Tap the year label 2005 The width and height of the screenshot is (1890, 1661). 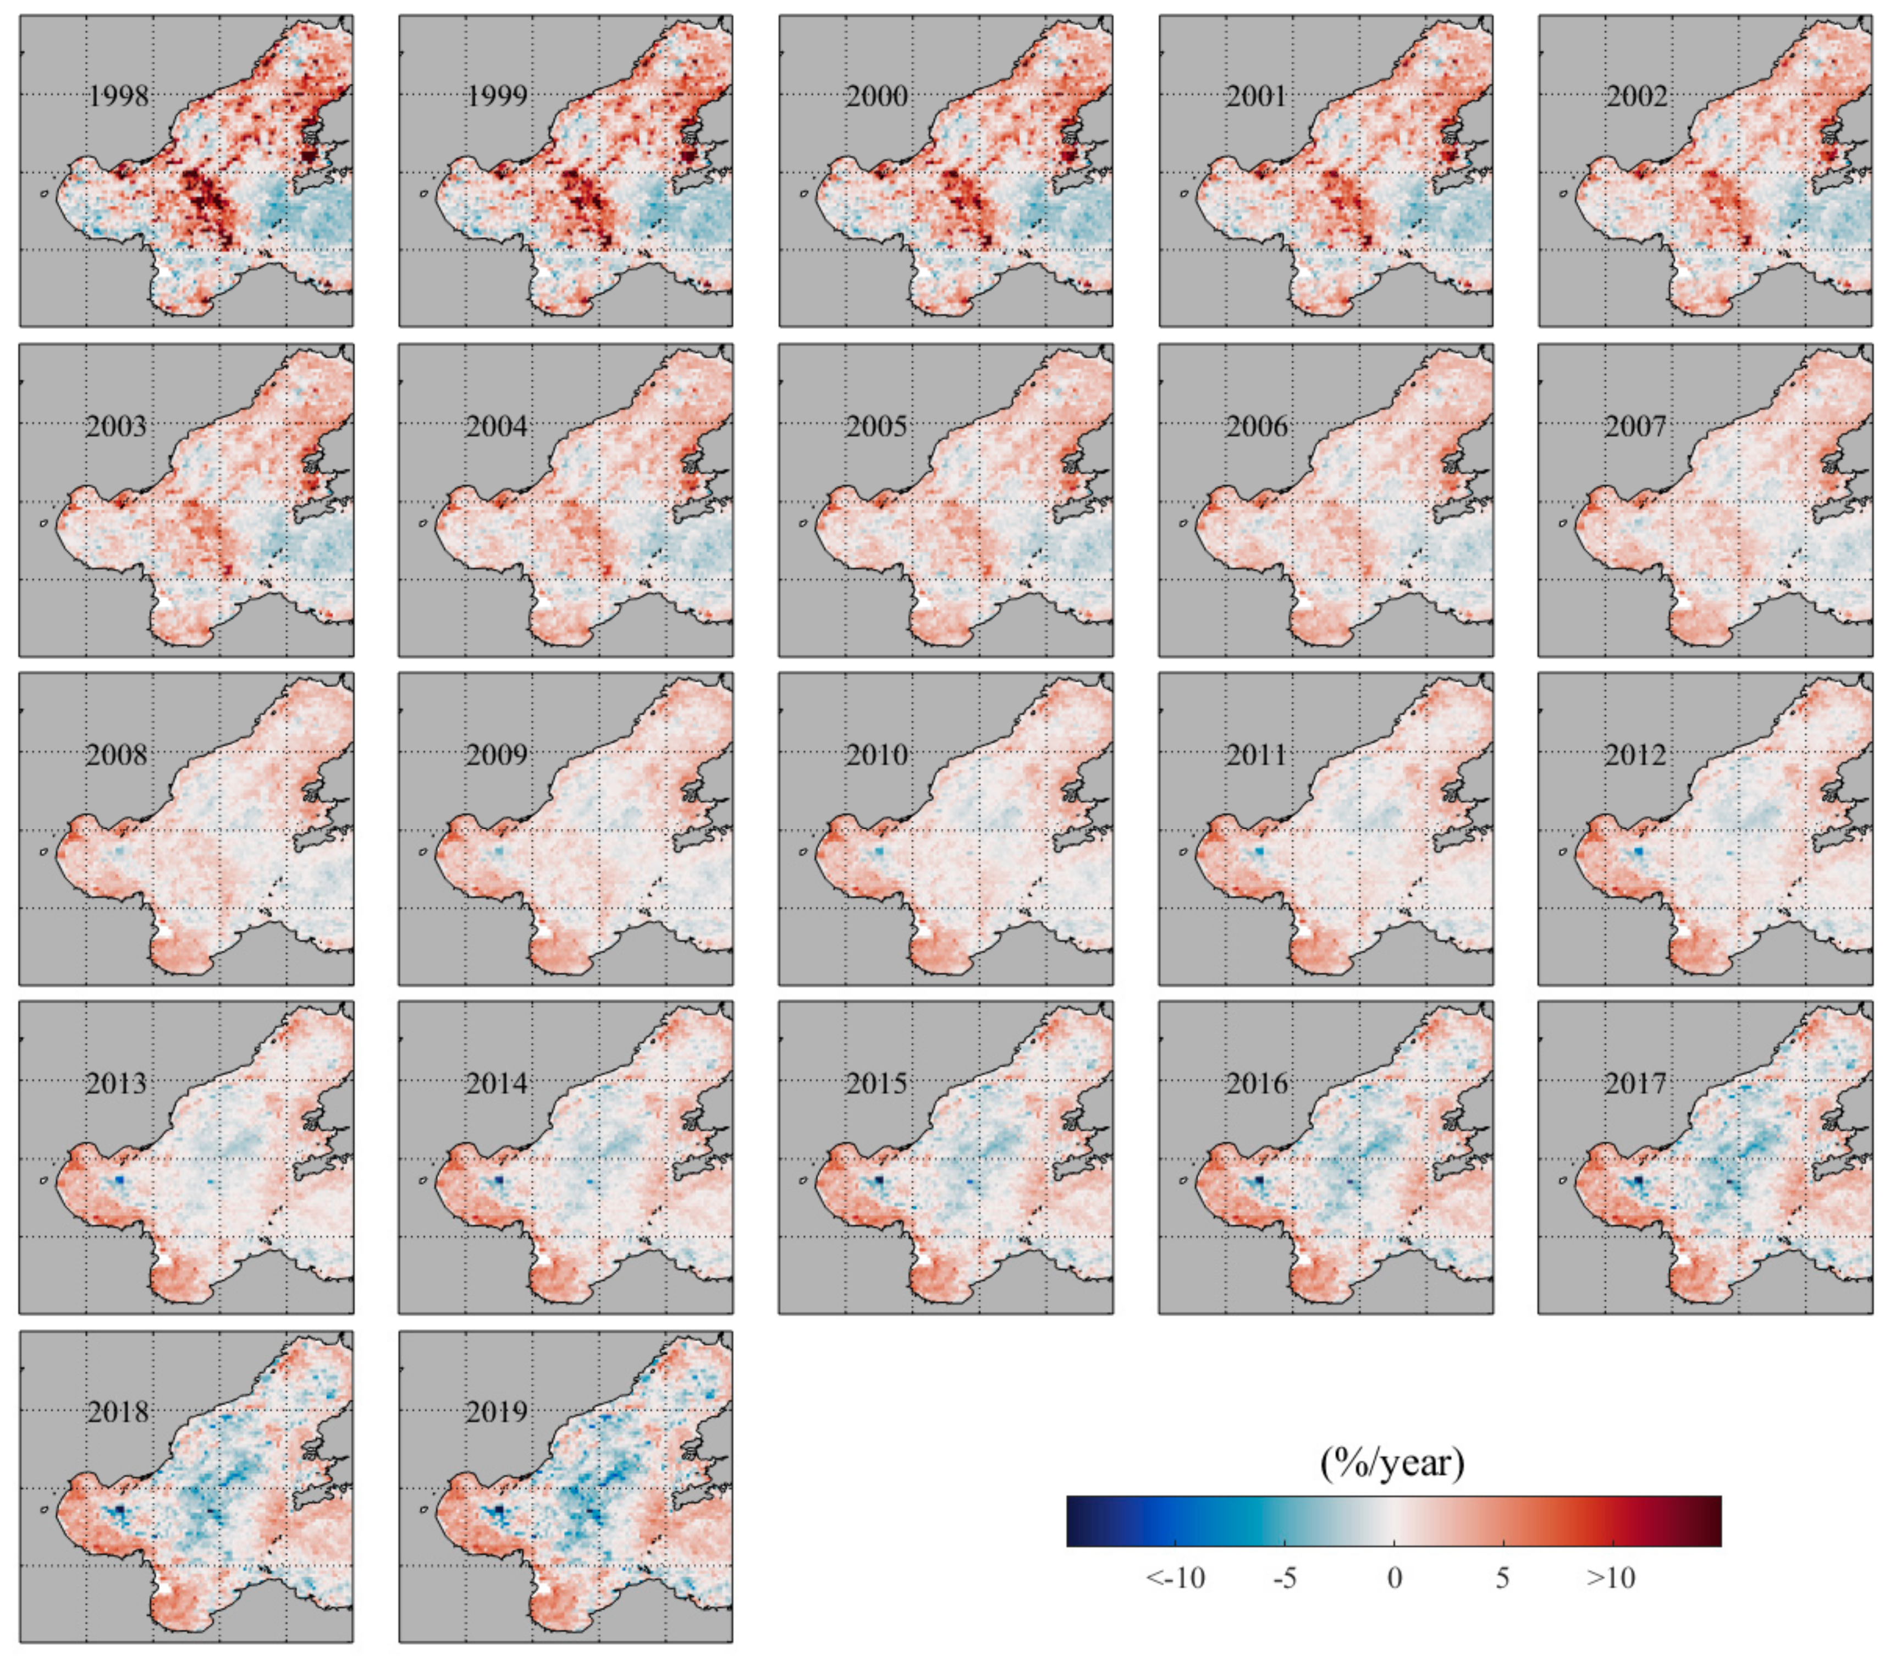(877, 426)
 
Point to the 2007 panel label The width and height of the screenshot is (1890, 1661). (1636, 426)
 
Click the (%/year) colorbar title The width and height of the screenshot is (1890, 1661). (1392, 1464)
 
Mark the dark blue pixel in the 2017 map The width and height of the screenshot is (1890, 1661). (1639, 1182)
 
